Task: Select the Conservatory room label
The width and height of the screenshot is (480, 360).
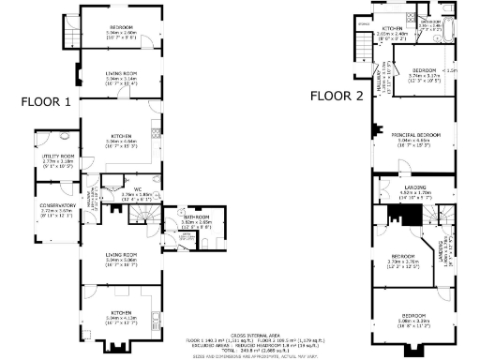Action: [x=57, y=205]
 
